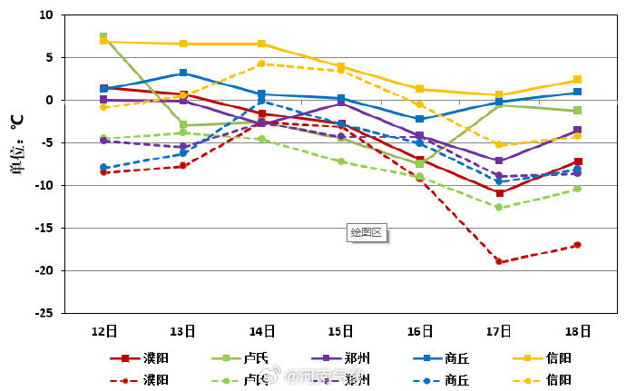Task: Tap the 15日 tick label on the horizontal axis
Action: pos(340,331)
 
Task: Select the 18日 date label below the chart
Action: pos(577,331)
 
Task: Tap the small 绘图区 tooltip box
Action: pos(367,232)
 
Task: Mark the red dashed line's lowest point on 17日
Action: pos(499,261)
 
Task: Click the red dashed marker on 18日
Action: pos(577,245)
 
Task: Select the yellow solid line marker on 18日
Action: pos(577,80)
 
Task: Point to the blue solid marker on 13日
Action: pos(183,73)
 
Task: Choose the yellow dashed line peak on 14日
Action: pos(261,64)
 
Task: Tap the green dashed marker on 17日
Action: pos(499,207)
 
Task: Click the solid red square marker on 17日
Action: pos(499,193)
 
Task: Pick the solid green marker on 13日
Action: pos(183,125)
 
